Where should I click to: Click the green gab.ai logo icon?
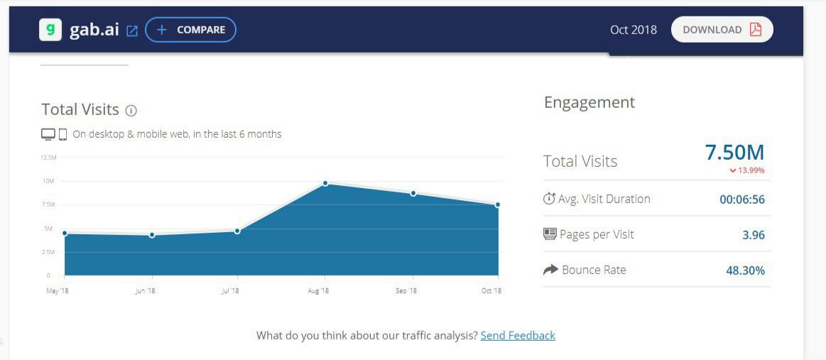50,30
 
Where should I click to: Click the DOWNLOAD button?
722,30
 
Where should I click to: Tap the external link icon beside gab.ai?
132,31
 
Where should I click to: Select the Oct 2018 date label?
634,30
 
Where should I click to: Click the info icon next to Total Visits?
131,110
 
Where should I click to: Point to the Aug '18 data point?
325,183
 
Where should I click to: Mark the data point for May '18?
65,233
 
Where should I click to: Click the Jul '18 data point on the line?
237,231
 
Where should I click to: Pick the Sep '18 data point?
413,193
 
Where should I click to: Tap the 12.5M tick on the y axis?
48,157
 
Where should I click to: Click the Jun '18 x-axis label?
145,290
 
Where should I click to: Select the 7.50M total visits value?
734,152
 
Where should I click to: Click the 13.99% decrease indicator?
747,170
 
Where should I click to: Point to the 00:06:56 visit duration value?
742,200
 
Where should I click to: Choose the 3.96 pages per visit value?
754,235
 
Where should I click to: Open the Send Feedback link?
518,335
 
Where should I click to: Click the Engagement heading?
589,102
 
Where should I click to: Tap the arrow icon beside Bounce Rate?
550,270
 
